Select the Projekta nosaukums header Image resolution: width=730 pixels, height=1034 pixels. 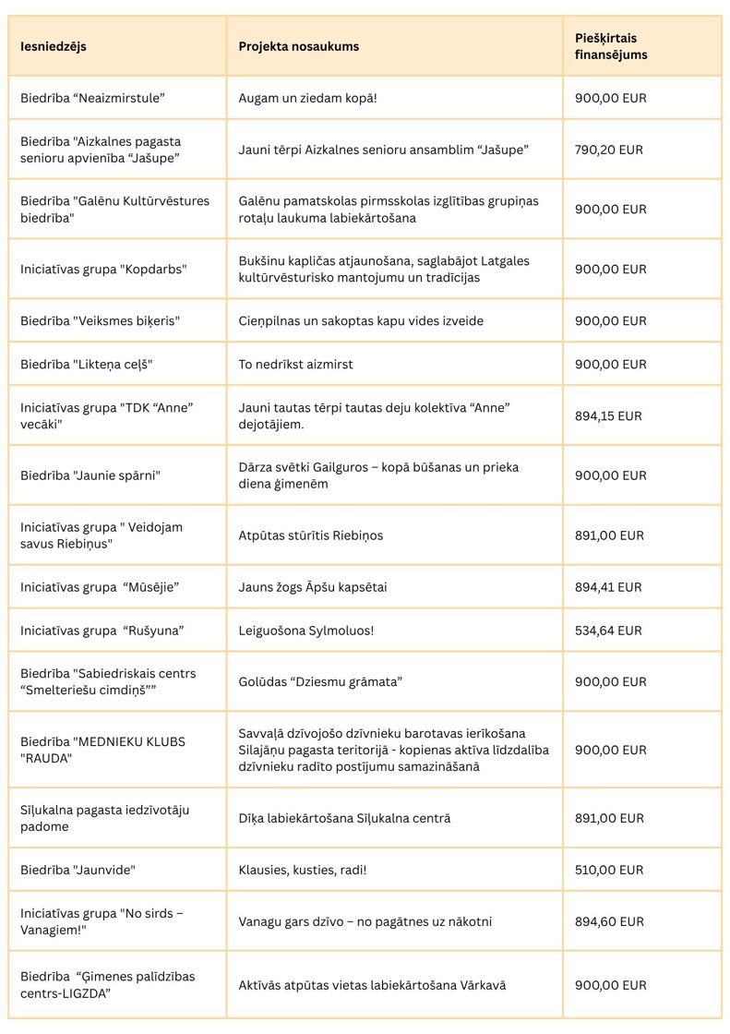click(299, 46)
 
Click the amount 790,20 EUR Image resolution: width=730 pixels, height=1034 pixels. click(609, 150)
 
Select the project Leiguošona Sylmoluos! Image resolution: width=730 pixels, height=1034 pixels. click(305, 631)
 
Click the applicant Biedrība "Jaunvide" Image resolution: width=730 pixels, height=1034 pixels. click(78, 870)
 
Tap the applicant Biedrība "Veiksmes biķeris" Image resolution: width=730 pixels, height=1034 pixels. click(100, 321)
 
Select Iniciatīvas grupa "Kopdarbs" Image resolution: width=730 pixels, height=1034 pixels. click(103, 270)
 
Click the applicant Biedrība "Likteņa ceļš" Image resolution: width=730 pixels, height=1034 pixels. click(86, 365)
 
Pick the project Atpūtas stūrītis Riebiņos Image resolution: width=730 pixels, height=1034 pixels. click(310, 535)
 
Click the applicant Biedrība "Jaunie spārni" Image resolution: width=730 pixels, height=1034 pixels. click(90, 475)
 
